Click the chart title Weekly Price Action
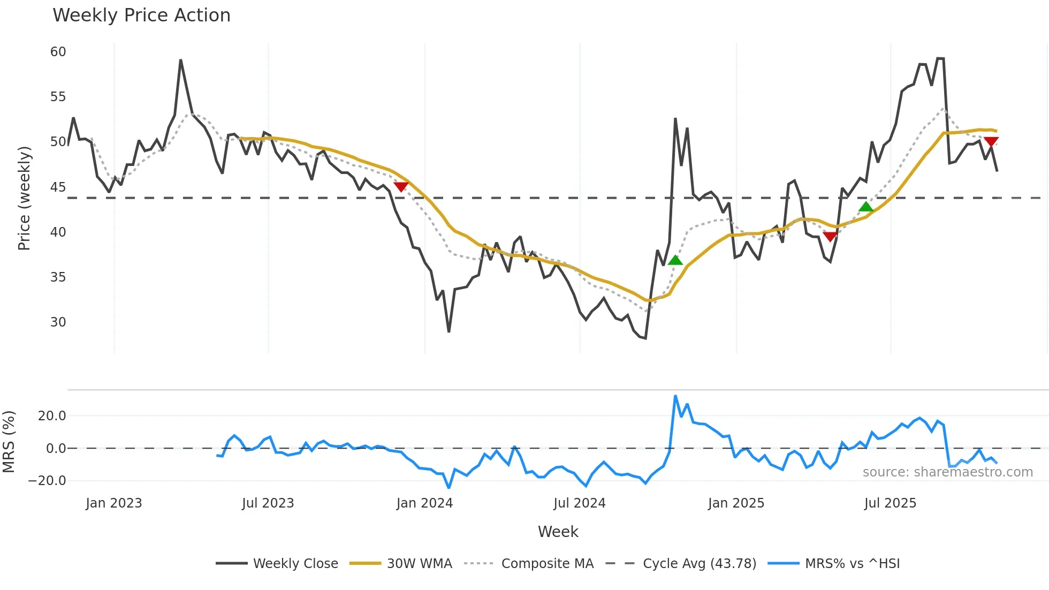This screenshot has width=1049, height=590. (x=141, y=16)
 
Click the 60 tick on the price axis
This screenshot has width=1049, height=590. (x=58, y=52)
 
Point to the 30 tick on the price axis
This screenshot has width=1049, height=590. (x=58, y=322)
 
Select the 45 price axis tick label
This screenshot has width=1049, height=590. (x=58, y=187)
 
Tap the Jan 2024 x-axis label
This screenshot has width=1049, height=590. (x=424, y=503)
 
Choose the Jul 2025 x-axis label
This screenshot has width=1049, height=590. (x=890, y=503)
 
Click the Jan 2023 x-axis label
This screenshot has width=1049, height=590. (x=113, y=503)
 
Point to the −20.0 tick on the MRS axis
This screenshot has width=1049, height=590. (x=47, y=480)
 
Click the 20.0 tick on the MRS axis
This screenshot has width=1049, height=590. (x=51, y=416)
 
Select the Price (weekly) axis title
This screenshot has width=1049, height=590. (x=24, y=198)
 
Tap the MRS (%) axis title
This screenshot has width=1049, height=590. (x=9, y=442)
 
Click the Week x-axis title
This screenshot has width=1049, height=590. (x=558, y=532)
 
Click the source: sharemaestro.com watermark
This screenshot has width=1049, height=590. (x=947, y=472)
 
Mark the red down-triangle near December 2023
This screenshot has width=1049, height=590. (x=401, y=186)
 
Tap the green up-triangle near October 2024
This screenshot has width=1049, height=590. (x=675, y=260)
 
